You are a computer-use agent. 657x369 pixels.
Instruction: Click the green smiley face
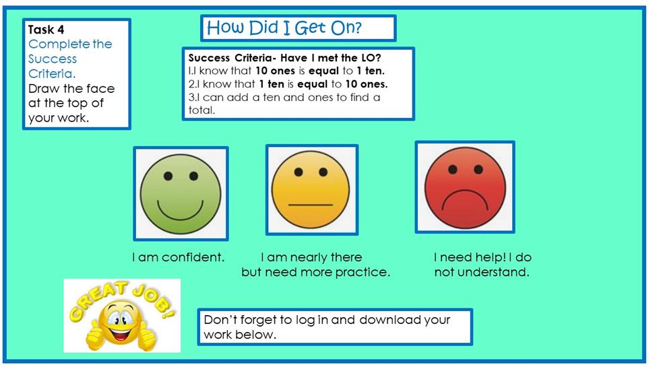coord(181,193)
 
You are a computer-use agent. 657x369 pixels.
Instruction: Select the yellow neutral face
coord(311,190)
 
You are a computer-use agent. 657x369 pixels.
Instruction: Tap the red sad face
coord(465,187)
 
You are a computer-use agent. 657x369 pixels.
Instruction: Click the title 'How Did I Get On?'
coord(284,28)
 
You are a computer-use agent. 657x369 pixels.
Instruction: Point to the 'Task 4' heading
coord(46,30)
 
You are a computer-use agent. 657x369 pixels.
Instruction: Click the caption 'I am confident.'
coord(179,257)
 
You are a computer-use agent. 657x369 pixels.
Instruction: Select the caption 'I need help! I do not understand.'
coord(482,265)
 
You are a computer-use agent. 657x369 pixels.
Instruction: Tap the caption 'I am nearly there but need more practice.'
coord(315,265)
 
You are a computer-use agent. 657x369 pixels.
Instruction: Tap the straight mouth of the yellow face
coord(311,205)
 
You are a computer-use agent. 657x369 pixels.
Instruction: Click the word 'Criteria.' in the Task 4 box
coord(52,73)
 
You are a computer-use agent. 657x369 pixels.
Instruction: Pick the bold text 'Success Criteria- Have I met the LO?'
coord(284,57)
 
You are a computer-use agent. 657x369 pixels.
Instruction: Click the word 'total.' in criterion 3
coord(201,110)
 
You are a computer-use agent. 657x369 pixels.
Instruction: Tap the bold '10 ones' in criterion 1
coord(276,71)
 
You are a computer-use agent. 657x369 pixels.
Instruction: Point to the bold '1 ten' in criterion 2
coord(272,84)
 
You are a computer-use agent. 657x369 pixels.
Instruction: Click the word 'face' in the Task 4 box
coord(100,89)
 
